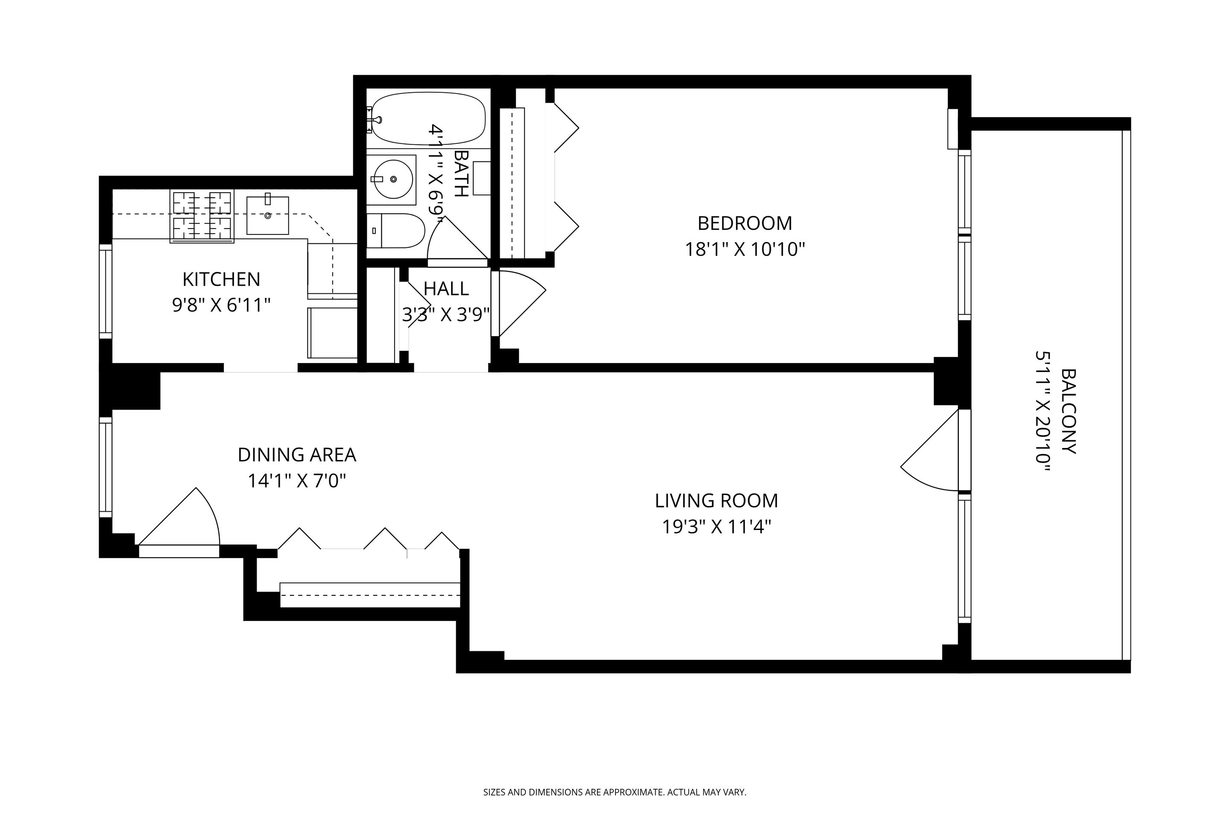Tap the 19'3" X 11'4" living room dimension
point(717,527)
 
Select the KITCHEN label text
point(221,279)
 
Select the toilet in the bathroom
point(398,231)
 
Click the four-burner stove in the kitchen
point(202,216)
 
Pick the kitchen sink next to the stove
point(267,215)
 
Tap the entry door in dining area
point(183,523)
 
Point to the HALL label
point(445,289)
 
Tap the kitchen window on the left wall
point(105,291)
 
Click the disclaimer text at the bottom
point(615,792)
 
